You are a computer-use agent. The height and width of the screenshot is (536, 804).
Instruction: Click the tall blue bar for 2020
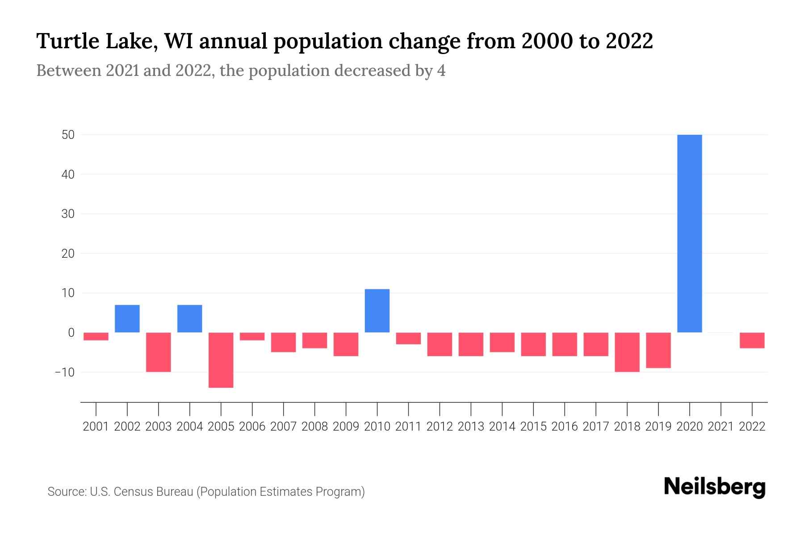point(690,233)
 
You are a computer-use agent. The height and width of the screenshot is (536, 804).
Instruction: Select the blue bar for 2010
point(377,311)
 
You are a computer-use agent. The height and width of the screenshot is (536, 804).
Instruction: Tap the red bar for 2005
point(221,360)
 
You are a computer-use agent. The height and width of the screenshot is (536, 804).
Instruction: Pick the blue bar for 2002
point(127,318)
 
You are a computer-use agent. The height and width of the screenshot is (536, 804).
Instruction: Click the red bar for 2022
point(752,340)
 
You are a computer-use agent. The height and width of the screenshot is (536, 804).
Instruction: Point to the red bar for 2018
point(627,352)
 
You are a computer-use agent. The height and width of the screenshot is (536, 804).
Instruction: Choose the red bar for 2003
point(159,352)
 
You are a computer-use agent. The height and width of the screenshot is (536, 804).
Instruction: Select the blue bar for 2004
point(190,318)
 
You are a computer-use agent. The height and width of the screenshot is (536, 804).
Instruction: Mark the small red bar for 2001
point(96,336)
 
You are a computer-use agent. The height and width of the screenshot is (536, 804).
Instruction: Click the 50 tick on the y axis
point(68,134)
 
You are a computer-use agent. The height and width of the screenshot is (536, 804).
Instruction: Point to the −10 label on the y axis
point(64,372)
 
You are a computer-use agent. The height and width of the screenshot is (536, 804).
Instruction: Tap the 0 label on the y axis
point(71,333)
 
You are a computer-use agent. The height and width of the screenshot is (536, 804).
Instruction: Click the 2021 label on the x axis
point(721,427)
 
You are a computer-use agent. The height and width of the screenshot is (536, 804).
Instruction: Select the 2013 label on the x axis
point(471,427)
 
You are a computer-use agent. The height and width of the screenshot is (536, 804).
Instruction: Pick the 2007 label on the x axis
point(283,427)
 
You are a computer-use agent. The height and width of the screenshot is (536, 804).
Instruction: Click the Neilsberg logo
point(715,487)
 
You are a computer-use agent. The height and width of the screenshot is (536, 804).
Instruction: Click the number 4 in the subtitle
point(441,71)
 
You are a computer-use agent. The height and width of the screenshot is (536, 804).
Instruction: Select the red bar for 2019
point(658,350)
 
